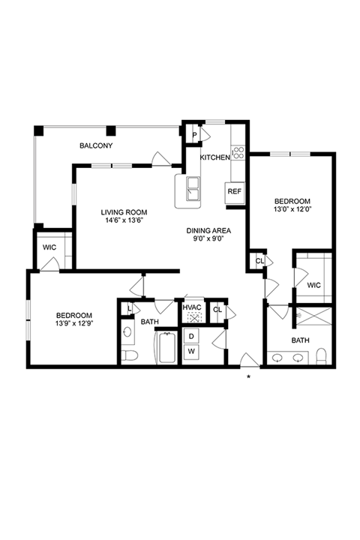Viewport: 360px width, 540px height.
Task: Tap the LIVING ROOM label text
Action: (124, 212)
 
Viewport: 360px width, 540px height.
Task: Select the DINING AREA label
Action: (208, 231)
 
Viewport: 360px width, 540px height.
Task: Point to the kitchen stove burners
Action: (238, 153)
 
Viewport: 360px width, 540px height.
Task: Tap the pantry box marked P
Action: (194, 135)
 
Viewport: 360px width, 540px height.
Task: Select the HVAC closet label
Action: (192, 307)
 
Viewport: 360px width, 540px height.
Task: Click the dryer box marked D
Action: (192, 336)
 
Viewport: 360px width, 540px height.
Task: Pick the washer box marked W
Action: (192, 352)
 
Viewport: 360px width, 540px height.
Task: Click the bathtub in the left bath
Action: (167, 346)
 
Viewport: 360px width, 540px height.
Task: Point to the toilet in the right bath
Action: (321, 356)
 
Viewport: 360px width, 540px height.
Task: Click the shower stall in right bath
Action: (313, 316)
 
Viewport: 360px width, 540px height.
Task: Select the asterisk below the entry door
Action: (248, 377)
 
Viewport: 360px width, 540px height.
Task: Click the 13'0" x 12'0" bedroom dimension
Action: (292, 208)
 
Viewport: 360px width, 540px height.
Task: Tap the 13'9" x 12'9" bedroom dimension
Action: (74, 323)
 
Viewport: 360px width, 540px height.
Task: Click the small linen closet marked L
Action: (129, 308)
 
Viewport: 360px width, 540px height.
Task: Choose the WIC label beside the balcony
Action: (49, 247)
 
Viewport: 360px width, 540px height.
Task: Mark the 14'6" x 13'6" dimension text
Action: (124, 220)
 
